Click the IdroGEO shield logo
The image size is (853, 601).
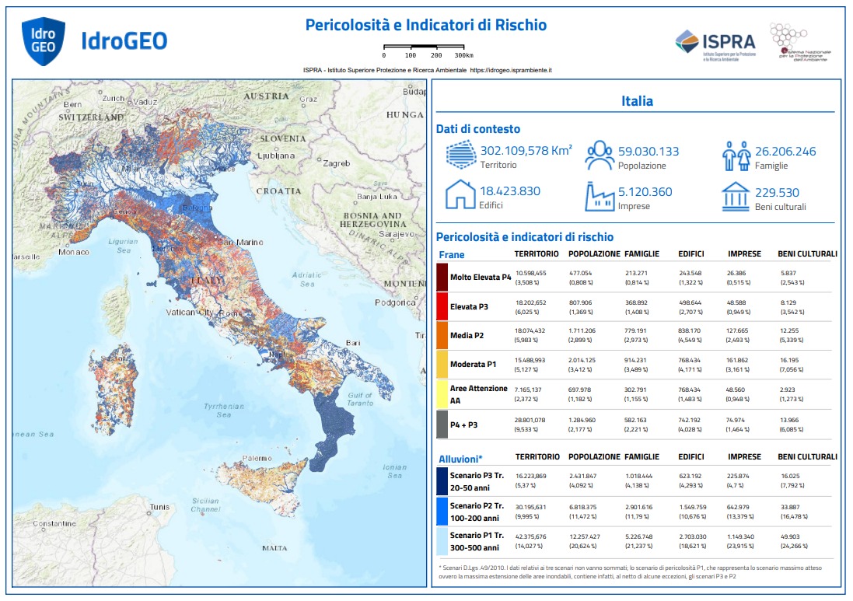(43, 41)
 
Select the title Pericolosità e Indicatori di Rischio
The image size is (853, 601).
(425, 25)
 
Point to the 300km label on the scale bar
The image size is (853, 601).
(464, 56)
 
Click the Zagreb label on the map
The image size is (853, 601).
(337, 164)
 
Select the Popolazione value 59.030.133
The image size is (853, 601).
(648, 152)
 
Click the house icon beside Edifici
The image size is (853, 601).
(460, 195)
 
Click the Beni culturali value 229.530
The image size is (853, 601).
(781, 192)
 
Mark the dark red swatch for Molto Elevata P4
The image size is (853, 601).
(442, 277)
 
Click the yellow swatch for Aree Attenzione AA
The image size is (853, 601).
(442, 394)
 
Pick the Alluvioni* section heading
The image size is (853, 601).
(460, 458)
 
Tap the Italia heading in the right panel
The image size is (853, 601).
(637, 101)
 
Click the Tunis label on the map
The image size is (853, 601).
(159, 507)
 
